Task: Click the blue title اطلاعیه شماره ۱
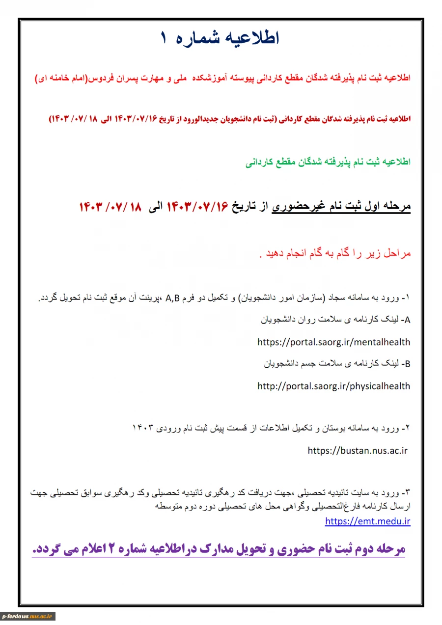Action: pyautogui.click(x=220, y=38)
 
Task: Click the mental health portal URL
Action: pyautogui.click(x=333, y=342)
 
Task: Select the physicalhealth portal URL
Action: pyautogui.click(x=333, y=386)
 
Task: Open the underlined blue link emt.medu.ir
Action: pyautogui.click(x=367, y=521)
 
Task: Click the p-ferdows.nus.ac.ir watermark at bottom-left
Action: pyautogui.click(x=28, y=616)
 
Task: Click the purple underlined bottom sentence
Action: pyautogui.click(x=219, y=549)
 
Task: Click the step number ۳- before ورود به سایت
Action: pyautogui.click(x=405, y=492)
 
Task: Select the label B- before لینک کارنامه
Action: pyautogui.click(x=406, y=364)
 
